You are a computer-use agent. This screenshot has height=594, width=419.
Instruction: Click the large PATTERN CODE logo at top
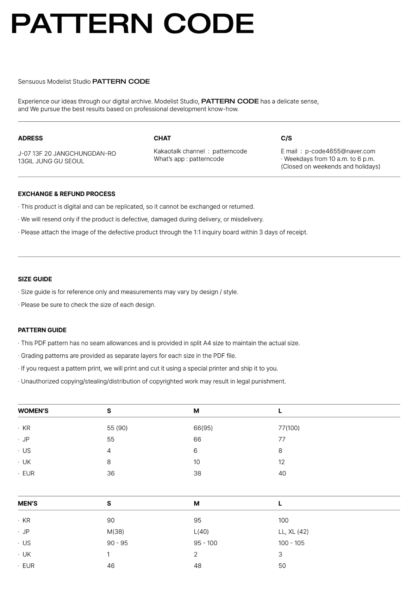(x=132, y=24)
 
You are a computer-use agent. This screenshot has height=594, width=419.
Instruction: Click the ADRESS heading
(x=30, y=138)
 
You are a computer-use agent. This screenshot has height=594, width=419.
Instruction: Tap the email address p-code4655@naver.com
(x=340, y=151)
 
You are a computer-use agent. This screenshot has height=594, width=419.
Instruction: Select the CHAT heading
(x=162, y=138)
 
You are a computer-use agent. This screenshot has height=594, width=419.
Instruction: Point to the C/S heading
(x=286, y=138)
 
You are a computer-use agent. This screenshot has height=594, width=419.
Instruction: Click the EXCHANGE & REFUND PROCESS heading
(x=67, y=194)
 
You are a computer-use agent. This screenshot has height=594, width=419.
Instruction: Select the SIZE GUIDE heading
(x=35, y=279)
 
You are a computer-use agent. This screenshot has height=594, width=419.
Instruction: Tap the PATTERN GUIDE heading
(x=42, y=330)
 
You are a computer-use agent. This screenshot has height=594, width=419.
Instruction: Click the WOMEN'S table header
(x=33, y=411)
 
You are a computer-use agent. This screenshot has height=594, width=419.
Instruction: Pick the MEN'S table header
(x=27, y=504)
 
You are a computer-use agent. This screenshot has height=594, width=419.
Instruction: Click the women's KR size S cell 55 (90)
(x=117, y=428)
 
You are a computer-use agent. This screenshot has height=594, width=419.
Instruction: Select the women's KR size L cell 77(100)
(x=289, y=428)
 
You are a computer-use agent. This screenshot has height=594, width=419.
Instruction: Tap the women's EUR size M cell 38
(x=197, y=473)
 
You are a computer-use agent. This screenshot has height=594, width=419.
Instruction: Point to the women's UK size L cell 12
(x=281, y=462)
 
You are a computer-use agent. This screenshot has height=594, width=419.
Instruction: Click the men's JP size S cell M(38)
(x=115, y=532)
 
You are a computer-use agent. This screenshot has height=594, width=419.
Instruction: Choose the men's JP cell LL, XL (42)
(x=293, y=532)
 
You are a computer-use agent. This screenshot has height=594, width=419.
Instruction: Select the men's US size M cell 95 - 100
(x=205, y=543)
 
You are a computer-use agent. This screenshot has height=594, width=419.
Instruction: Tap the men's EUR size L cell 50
(x=282, y=566)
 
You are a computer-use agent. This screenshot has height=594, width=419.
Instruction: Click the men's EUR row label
(x=28, y=566)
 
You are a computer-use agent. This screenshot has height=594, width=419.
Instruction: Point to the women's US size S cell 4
(x=109, y=451)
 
